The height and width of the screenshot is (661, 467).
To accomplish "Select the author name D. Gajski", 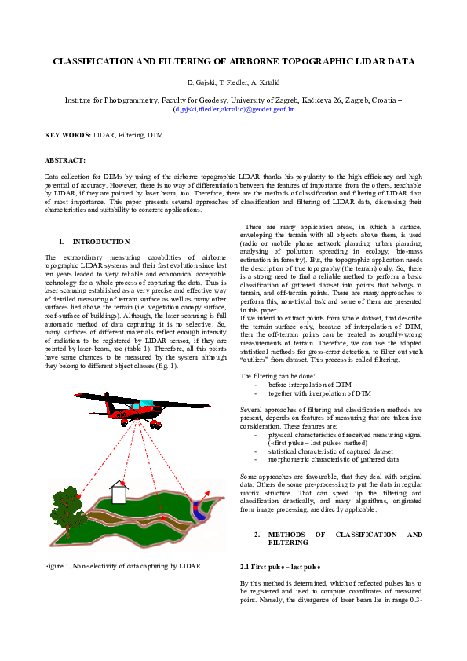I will pyautogui.click(x=202, y=82).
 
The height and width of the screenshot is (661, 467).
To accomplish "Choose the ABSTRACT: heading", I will pyautogui.click(x=65, y=160).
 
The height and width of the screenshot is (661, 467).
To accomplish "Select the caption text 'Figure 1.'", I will pyautogui.click(x=59, y=565).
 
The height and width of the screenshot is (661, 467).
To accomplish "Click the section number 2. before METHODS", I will pyautogui.click(x=257, y=535).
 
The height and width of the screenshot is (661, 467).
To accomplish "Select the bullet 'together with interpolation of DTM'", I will pyautogui.click(x=319, y=393).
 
